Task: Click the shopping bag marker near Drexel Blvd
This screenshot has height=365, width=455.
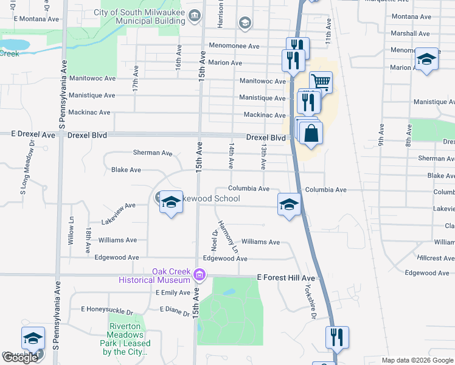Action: click(311, 133)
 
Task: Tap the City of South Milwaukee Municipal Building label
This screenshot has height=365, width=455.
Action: click(139, 16)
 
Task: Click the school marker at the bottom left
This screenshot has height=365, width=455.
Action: click(33, 339)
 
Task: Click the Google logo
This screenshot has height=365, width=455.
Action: click(20, 358)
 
